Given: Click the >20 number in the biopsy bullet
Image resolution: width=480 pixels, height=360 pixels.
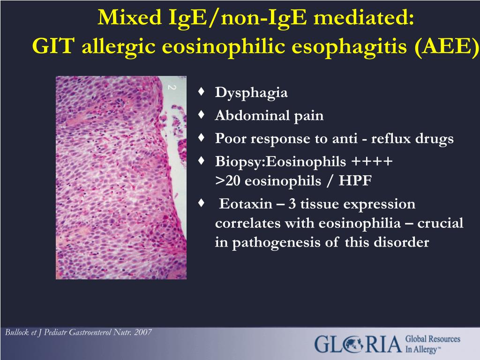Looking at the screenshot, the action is [228, 180].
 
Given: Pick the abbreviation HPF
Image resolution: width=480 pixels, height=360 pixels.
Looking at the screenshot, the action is [355, 180].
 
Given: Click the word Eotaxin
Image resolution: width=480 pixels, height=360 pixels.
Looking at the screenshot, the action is [246, 203].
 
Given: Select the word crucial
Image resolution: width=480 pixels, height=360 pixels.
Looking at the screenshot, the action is [440, 223].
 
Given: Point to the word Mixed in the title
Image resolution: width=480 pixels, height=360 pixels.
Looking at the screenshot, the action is [130, 17].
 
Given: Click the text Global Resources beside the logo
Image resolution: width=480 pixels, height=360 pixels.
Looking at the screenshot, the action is [433, 339].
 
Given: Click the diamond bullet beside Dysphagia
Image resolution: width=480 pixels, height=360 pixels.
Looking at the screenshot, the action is [202, 91].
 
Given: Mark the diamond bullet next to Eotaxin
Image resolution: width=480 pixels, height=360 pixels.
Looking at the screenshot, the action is [202, 202].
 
